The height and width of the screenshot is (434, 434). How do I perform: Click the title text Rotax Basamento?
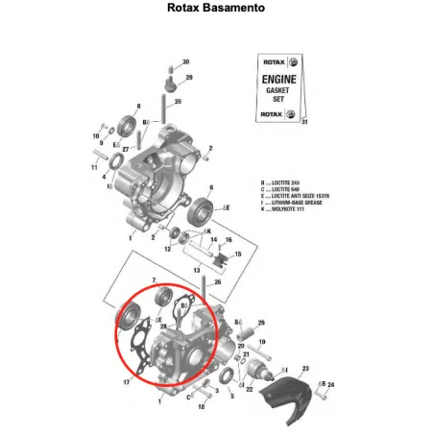[216, 9]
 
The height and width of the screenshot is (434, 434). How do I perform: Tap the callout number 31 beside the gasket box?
[305, 124]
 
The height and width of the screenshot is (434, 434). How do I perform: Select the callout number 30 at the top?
[185, 61]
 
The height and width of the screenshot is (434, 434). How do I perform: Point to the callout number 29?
[189, 77]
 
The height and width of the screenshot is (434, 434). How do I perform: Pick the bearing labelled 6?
[203, 210]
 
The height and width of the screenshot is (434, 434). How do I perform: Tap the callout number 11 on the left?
[95, 168]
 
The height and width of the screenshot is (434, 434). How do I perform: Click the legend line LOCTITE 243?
[287, 182]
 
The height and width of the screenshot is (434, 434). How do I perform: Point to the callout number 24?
[332, 384]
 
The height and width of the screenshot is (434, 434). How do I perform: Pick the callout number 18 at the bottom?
[202, 407]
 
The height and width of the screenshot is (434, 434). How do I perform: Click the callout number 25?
[261, 323]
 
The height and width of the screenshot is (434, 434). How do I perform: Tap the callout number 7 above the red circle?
[154, 279]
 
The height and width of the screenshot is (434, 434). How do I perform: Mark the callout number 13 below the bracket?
[197, 272]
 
